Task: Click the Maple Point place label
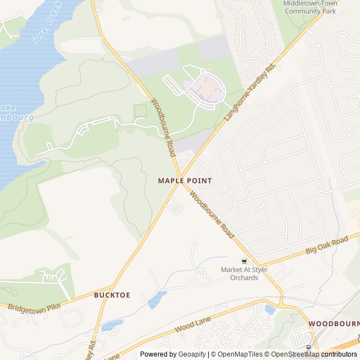click(x=184, y=181)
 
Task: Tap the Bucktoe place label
click(x=112, y=295)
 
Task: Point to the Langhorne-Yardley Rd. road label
click(x=250, y=91)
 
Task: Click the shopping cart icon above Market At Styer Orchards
click(x=244, y=261)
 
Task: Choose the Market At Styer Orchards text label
click(x=244, y=273)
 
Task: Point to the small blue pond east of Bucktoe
click(x=157, y=299)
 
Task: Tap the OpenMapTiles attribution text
click(x=236, y=354)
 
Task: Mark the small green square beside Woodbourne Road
click(x=140, y=111)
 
